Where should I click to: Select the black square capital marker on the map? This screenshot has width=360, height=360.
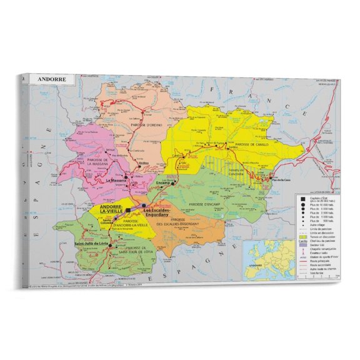pos(128,211)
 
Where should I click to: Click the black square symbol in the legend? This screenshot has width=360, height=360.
pos(303,198)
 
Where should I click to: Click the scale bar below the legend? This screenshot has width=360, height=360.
pos(316,276)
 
